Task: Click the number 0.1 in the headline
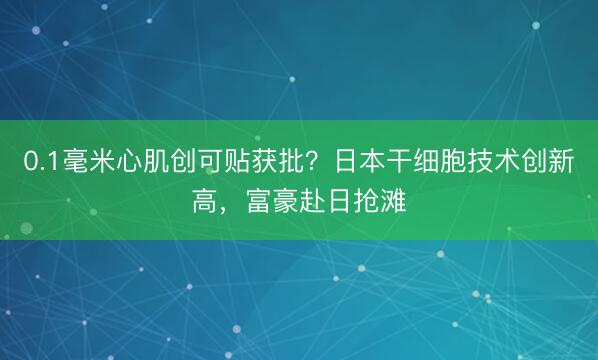[x=39, y=161]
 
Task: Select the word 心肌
[x=143, y=161]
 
